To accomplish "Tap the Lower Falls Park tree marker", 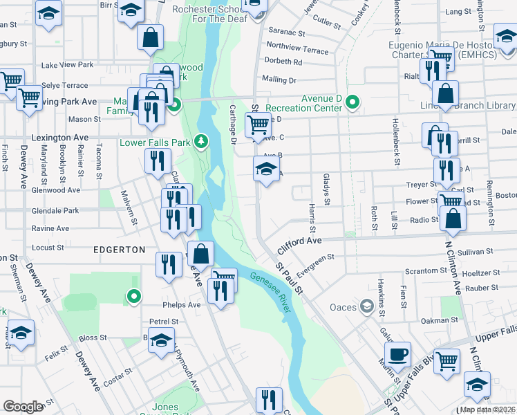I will tap(201, 141).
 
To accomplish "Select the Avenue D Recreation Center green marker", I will tap(353, 103).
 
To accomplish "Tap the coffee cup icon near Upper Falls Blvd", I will tap(397, 356).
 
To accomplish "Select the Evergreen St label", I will tap(312, 259).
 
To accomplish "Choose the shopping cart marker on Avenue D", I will tap(258, 125).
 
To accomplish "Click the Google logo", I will tap(23, 406).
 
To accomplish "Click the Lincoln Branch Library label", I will tap(468, 105).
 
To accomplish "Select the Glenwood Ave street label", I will tap(56, 189).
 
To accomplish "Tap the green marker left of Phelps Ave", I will tap(134, 297).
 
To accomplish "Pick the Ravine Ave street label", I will tap(50, 228).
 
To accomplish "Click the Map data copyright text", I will tap(487, 409).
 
